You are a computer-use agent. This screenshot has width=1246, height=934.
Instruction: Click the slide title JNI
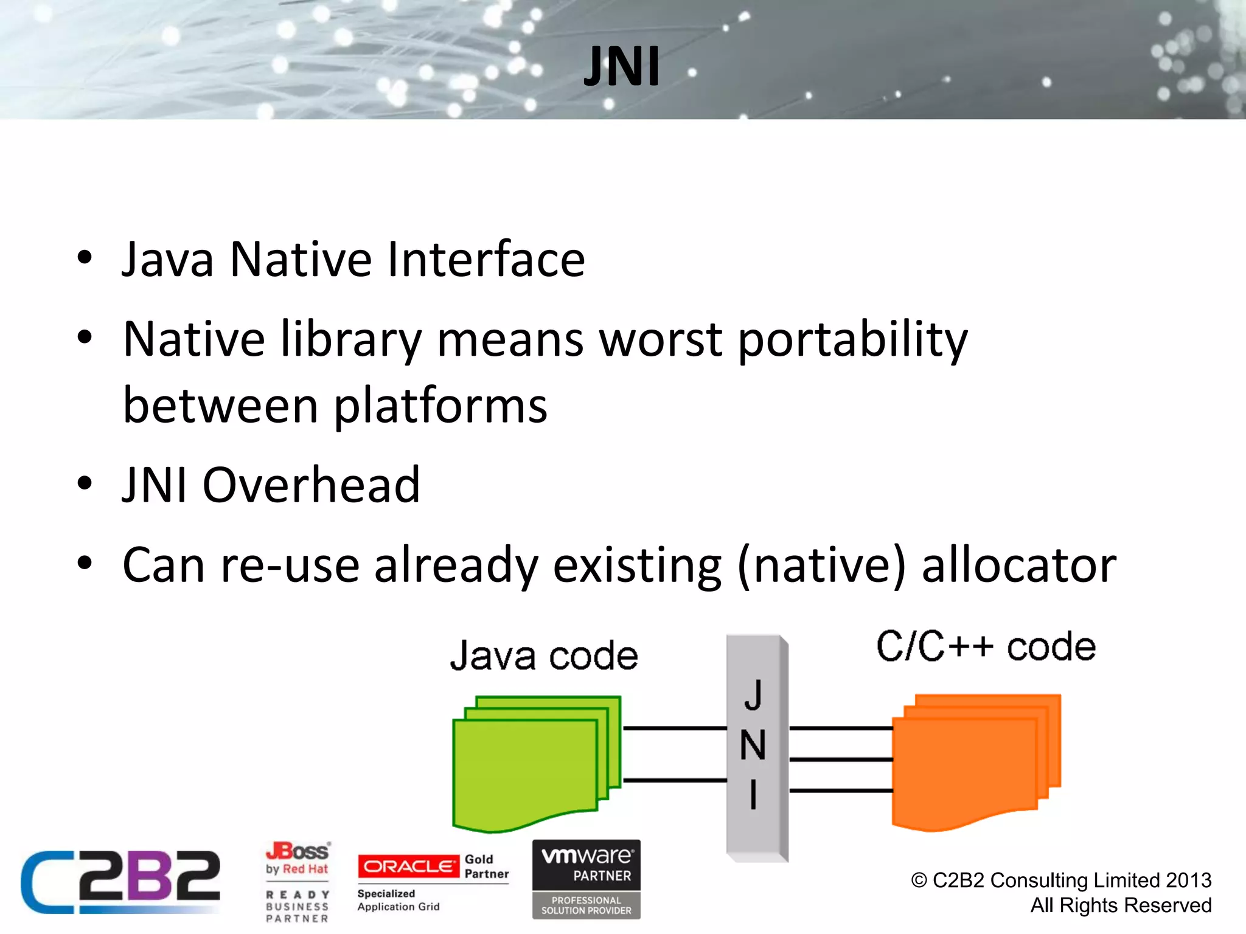pos(622,67)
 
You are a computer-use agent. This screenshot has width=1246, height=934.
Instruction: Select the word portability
pos(852,341)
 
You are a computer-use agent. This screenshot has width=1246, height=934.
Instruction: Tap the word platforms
pos(440,406)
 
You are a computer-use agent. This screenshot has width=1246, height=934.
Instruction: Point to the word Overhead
pos(311,485)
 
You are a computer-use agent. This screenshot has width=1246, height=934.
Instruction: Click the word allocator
pos(1019,566)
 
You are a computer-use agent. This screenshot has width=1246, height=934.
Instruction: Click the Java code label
pos(544,656)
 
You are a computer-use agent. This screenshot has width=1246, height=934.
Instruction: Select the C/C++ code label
pos(986,646)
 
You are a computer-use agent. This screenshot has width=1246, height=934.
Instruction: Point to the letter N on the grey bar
pos(753,745)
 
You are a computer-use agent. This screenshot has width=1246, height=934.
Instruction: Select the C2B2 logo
pos(120,882)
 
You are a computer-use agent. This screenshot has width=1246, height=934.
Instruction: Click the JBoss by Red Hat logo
pos(298,859)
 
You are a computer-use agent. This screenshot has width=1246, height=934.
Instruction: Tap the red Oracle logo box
pos(408,867)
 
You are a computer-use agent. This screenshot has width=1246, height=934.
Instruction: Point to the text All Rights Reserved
pos(1121,905)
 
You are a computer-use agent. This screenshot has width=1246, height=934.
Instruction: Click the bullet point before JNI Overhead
pos(85,485)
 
